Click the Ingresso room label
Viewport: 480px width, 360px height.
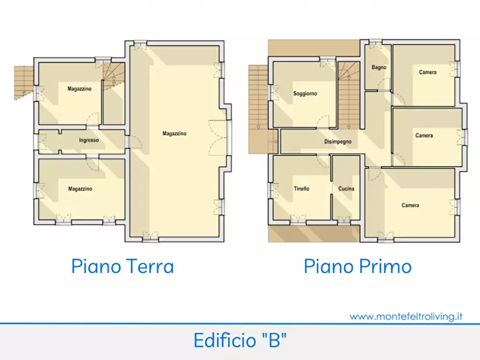click(89, 141)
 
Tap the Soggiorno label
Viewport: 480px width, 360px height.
click(305, 93)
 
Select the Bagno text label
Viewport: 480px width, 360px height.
click(378, 68)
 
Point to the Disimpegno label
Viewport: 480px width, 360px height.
click(338, 142)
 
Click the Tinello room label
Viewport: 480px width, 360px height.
click(301, 189)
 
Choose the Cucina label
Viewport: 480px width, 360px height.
click(346, 189)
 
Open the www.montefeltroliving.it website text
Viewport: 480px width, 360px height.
click(406, 316)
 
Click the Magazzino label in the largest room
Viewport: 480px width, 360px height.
click(174, 134)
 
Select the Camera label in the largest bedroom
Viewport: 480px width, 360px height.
click(410, 205)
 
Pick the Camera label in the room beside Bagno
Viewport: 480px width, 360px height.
click(428, 72)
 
